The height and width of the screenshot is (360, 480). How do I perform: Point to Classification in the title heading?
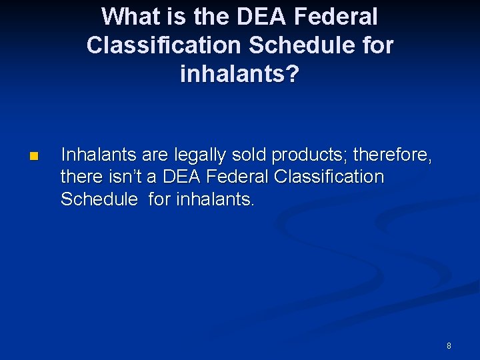point(163,45)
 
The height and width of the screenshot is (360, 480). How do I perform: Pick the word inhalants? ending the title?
point(240,74)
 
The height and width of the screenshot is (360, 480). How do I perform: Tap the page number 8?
point(449,345)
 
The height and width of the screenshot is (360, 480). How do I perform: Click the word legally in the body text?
point(196,155)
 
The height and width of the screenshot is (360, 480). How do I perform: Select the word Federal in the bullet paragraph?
point(232,177)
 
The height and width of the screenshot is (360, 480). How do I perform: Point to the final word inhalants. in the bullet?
point(215,199)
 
